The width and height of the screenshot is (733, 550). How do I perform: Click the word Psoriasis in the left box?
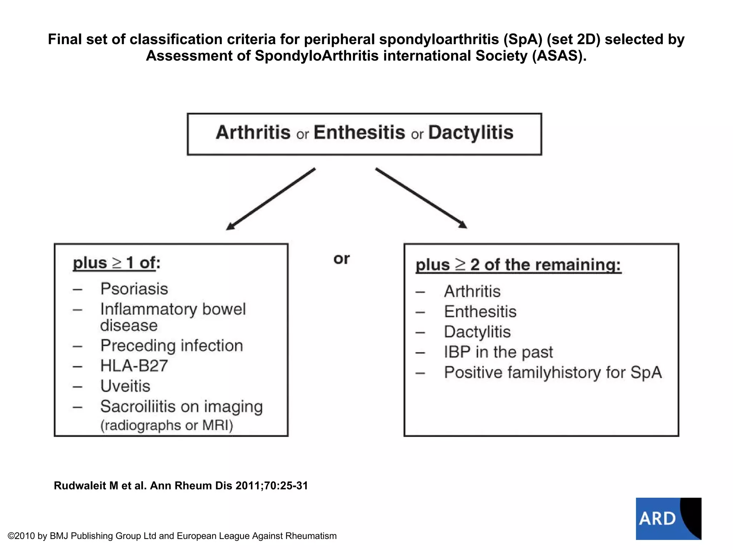click(x=134, y=289)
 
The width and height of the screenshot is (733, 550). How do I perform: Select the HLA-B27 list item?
click(x=134, y=366)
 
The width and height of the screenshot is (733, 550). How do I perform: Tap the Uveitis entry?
click(x=125, y=386)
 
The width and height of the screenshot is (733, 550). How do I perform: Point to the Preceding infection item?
click(x=171, y=346)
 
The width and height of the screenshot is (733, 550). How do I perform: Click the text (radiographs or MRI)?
click(x=166, y=425)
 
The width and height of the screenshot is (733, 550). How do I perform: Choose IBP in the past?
click(x=498, y=352)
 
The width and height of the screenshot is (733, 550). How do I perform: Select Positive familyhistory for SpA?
click(x=553, y=373)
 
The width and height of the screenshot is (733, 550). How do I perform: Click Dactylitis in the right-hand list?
click(x=477, y=332)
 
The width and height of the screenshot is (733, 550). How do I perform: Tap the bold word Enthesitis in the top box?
click(x=359, y=133)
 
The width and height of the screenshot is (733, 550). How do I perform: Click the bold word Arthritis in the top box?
click(x=253, y=133)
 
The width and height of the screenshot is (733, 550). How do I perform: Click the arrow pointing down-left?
click(x=271, y=199)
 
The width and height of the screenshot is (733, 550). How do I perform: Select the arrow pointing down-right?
click(x=421, y=198)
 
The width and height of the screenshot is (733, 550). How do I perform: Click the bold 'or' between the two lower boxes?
click(x=341, y=259)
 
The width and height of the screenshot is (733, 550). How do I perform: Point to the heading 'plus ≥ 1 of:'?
click(x=116, y=263)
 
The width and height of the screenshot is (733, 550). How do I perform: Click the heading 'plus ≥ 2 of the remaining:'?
click(x=518, y=265)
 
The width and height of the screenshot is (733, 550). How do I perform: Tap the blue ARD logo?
click(x=668, y=518)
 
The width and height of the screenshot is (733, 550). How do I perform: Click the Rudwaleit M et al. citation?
click(x=181, y=486)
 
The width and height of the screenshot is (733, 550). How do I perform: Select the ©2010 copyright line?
click(x=172, y=536)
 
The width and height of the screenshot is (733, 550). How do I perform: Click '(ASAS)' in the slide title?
click(x=559, y=56)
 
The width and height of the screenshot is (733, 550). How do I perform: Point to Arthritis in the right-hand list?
click(x=472, y=291)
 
